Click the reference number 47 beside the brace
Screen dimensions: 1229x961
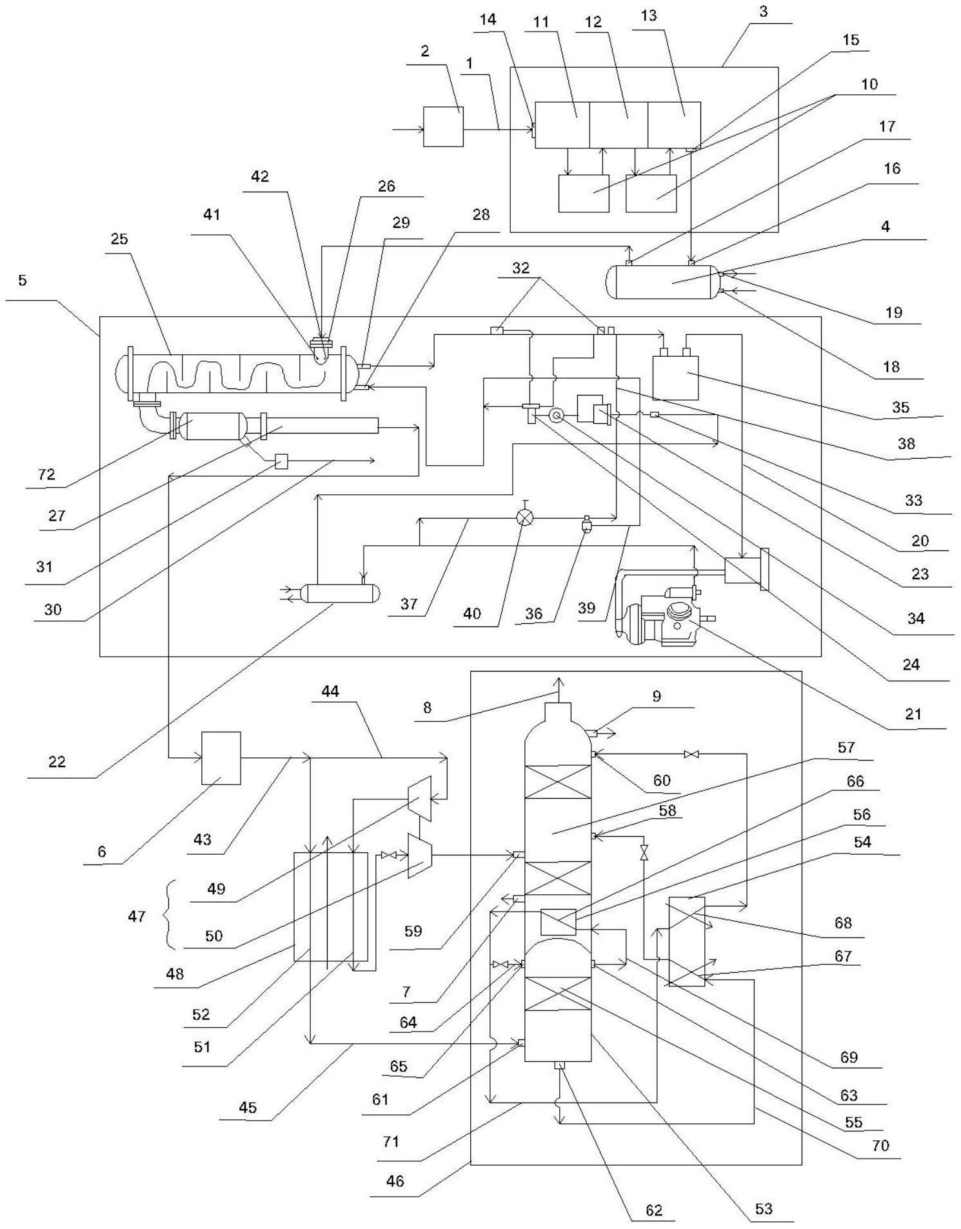(136, 916)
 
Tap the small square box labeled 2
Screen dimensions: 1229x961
(443, 127)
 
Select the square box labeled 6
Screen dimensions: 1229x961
(221, 757)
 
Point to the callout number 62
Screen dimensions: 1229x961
(653, 1210)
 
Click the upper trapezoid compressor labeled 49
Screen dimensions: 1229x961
(420, 797)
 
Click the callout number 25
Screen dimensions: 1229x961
(119, 239)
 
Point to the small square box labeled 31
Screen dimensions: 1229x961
(281, 461)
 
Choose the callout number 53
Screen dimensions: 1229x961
(763, 1208)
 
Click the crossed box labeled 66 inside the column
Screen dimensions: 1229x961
(558, 922)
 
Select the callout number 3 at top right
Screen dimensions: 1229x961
(763, 13)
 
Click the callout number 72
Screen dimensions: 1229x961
(46, 475)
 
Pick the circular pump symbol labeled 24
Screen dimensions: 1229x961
(557, 416)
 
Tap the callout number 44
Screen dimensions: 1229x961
(330, 692)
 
